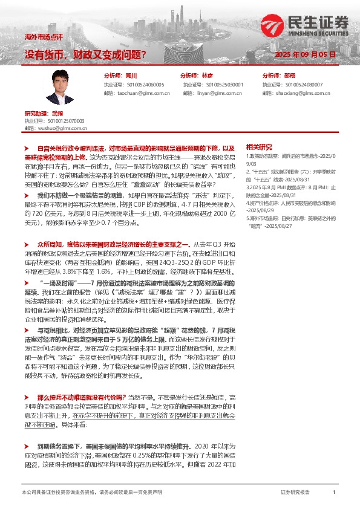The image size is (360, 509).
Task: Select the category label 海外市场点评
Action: point(39,37)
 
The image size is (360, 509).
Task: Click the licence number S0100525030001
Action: point(221,85)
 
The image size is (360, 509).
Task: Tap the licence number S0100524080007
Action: point(303,85)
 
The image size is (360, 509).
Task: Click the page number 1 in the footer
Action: point(334,493)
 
